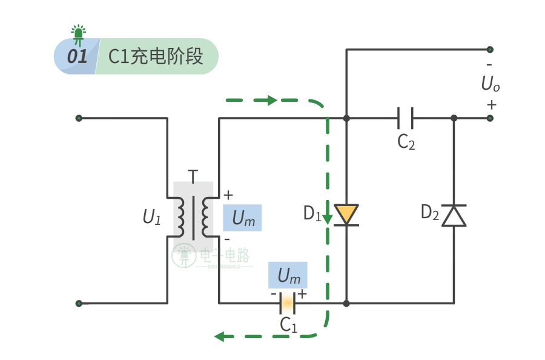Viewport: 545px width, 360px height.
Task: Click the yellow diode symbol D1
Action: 346,215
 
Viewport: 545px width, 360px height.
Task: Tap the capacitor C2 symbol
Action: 405,118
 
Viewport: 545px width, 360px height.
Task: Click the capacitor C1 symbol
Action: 287,302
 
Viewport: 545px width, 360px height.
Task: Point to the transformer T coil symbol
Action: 193,217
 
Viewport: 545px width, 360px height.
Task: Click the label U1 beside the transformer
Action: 152,217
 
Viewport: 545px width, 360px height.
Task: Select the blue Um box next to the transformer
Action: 243,218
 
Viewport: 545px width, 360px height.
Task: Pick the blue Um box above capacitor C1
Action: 288,275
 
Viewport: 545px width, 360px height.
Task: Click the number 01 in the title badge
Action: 77,57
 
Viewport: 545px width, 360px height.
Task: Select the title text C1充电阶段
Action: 155,56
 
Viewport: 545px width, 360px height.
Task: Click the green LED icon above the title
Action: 78,35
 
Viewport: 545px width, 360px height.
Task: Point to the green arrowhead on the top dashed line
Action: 271,100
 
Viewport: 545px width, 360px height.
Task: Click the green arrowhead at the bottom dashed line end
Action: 220,336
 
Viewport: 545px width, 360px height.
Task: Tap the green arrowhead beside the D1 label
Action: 328,218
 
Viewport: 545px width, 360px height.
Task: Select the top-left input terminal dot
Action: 79,118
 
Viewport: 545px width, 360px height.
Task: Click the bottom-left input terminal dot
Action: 79,303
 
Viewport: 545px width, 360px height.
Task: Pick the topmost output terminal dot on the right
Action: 490,50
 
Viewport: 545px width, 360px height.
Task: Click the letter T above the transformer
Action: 193,176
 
